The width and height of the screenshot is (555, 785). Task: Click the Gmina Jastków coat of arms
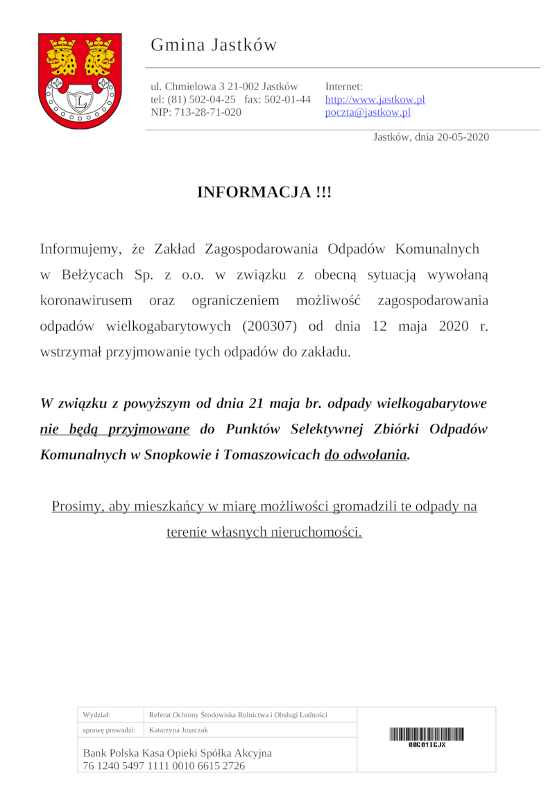point(80,80)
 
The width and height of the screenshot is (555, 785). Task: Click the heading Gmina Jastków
point(214,45)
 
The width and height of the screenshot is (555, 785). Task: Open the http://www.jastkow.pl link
point(375,99)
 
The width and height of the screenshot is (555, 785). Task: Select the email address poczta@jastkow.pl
point(368,112)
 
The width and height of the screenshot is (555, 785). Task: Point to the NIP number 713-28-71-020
point(207,112)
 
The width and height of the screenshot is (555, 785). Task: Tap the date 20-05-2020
point(463,137)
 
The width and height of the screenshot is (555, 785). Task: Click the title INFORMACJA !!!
point(264,192)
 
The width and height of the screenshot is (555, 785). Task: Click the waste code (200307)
point(273,326)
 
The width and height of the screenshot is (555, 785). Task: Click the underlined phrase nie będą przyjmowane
point(114,429)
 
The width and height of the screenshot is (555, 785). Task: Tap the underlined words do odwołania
point(366,455)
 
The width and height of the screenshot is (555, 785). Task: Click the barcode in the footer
point(427,734)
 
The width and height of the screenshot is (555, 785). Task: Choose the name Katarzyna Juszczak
point(178,730)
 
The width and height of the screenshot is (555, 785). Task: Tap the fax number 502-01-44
point(287,99)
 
